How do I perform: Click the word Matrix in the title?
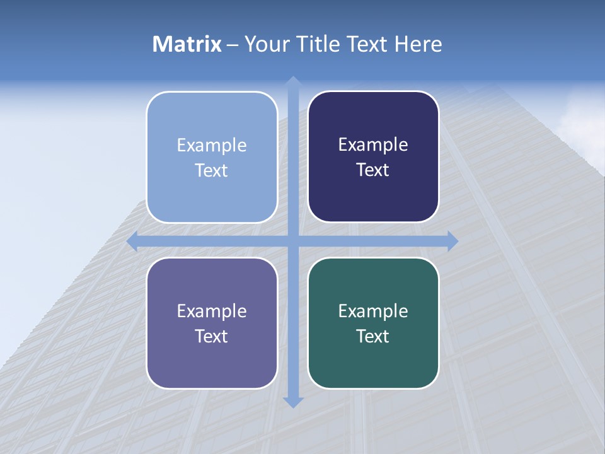click(x=187, y=44)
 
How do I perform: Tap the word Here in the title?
click(x=418, y=44)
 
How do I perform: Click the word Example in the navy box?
click(x=373, y=145)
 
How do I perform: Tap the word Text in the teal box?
click(x=373, y=336)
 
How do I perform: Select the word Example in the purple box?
click(x=212, y=311)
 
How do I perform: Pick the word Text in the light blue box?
click(x=212, y=170)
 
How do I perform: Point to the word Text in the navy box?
click(x=373, y=170)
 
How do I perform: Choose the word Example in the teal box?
click(x=373, y=311)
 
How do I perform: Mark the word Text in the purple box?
click(x=212, y=336)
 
